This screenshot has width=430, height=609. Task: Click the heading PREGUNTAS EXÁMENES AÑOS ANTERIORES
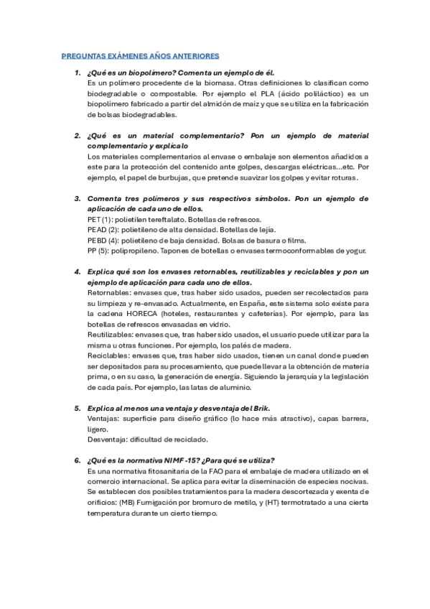coord(141,55)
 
